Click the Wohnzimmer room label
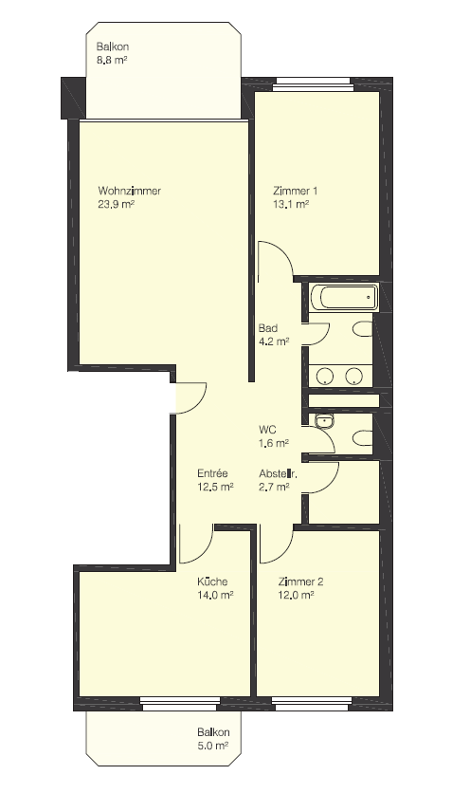point(129,191)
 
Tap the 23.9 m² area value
point(116,204)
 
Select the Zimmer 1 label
point(296,191)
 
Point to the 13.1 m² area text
point(291,204)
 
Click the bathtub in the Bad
point(344,297)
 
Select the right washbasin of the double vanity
point(354,376)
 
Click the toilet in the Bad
point(364,329)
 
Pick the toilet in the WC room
point(364,439)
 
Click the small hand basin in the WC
point(325,421)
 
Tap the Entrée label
point(212,473)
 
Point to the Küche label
point(212,581)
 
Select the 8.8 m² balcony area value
point(112,60)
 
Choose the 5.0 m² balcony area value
point(213,747)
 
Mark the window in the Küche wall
point(180,703)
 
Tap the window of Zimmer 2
point(313,703)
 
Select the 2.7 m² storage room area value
point(274,487)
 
